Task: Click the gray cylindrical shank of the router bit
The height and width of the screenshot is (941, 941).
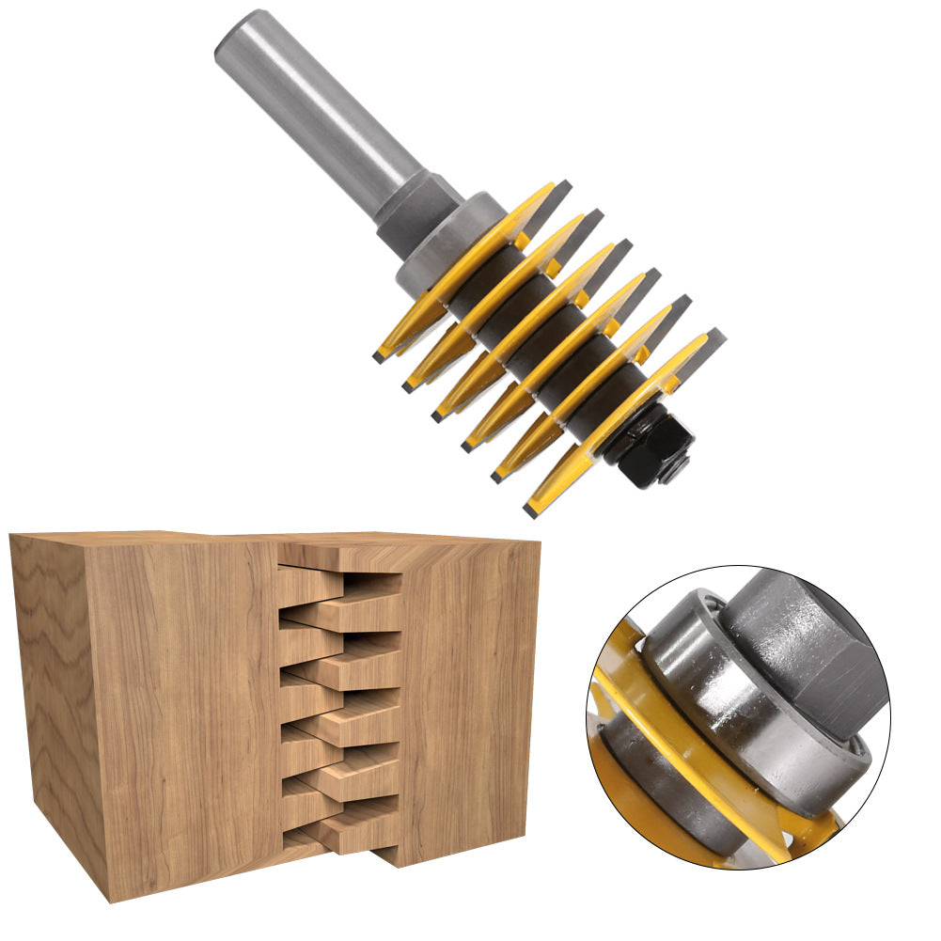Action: pos(310,103)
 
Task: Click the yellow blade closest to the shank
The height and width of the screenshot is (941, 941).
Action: pos(470,263)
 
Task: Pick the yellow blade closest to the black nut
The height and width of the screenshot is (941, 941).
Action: pos(620,414)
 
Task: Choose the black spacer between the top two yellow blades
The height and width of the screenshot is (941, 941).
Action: pos(489,282)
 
